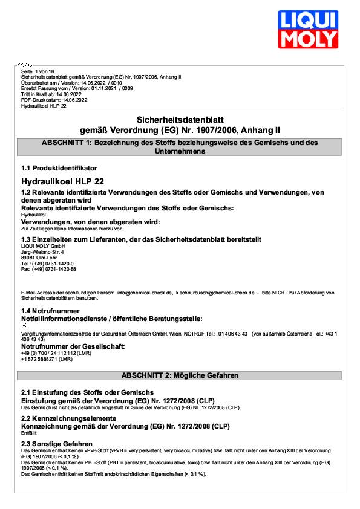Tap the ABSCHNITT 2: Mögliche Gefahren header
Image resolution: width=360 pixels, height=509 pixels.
click(x=180, y=375)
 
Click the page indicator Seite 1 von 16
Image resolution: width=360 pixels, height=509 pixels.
click(x=38, y=71)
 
